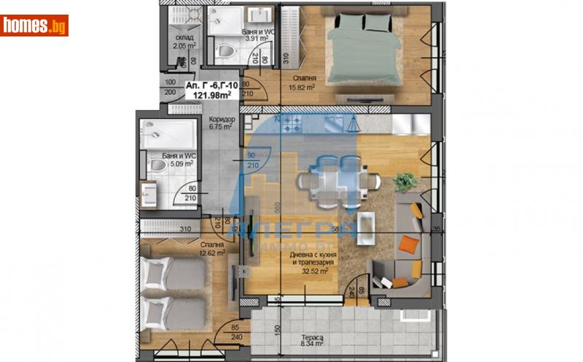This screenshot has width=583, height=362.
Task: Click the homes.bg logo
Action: [34, 26]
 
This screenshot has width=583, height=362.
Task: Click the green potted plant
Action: [405, 180]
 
